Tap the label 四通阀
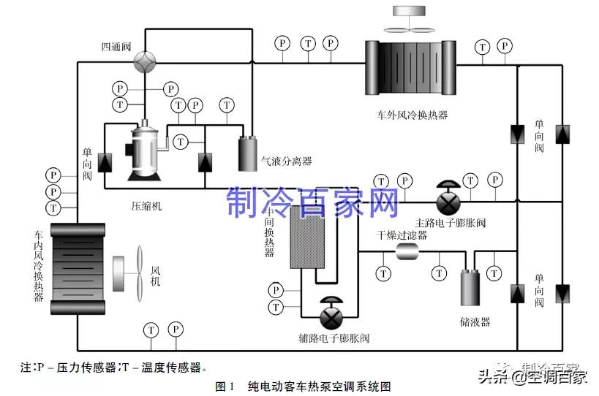coord(116,47)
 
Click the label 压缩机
coord(146,206)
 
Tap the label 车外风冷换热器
coord(412,115)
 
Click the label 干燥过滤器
coord(402,235)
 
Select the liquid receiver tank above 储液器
coord(470,288)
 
